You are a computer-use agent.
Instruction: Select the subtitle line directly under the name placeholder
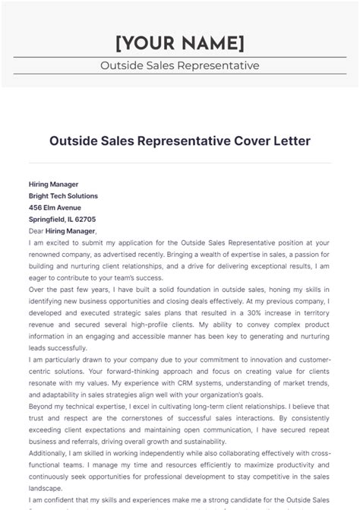[x=179, y=65]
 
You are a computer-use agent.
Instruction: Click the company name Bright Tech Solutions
[x=63, y=195]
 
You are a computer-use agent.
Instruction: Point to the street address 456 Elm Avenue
[x=55, y=207]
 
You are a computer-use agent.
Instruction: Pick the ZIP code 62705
[x=85, y=219]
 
